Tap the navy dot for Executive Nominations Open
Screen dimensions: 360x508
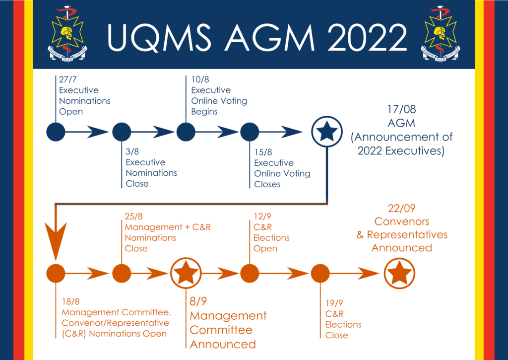click(x=56, y=132)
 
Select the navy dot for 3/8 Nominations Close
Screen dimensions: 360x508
click(x=122, y=132)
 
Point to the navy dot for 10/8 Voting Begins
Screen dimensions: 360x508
click(x=186, y=132)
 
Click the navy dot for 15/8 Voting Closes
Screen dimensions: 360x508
click(x=250, y=132)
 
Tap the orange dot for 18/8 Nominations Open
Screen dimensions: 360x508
click(x=56, y=273)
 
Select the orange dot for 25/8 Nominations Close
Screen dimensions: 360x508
click(x=122, y=273)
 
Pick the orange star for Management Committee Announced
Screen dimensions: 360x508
click(x=186, y=273)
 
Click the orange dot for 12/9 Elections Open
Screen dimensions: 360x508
click(x=250, y=273)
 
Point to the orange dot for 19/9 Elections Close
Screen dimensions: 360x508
click(x=320, y=273)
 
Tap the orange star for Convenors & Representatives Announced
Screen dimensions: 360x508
click(x=400, y=273)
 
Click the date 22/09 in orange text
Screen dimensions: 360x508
click(x=402, y=209)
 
